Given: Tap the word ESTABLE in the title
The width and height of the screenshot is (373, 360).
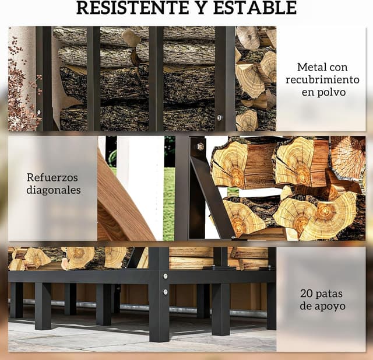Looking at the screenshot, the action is tap(255, 8).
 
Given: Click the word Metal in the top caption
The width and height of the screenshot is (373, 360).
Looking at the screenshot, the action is tap(309, 67).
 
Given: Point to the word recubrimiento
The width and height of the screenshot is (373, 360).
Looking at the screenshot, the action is tap(322, 79).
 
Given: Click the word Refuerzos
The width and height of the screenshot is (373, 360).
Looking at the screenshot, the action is tap(52, 177).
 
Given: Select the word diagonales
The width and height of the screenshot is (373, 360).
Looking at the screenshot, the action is tap(54, 190).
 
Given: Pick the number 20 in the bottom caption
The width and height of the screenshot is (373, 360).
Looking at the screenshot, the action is tap(307, 293).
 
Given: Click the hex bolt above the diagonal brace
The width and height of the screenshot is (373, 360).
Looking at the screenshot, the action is tap(200, 146).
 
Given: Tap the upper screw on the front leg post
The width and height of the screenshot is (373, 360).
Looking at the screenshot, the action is tap(165, 277).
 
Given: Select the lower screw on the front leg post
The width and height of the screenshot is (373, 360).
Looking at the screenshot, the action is tap(165, 292).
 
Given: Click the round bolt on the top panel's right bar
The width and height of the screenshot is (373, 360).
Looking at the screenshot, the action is tap(219, 118).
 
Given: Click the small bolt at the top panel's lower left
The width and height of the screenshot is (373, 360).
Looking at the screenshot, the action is tap(39, 112).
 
